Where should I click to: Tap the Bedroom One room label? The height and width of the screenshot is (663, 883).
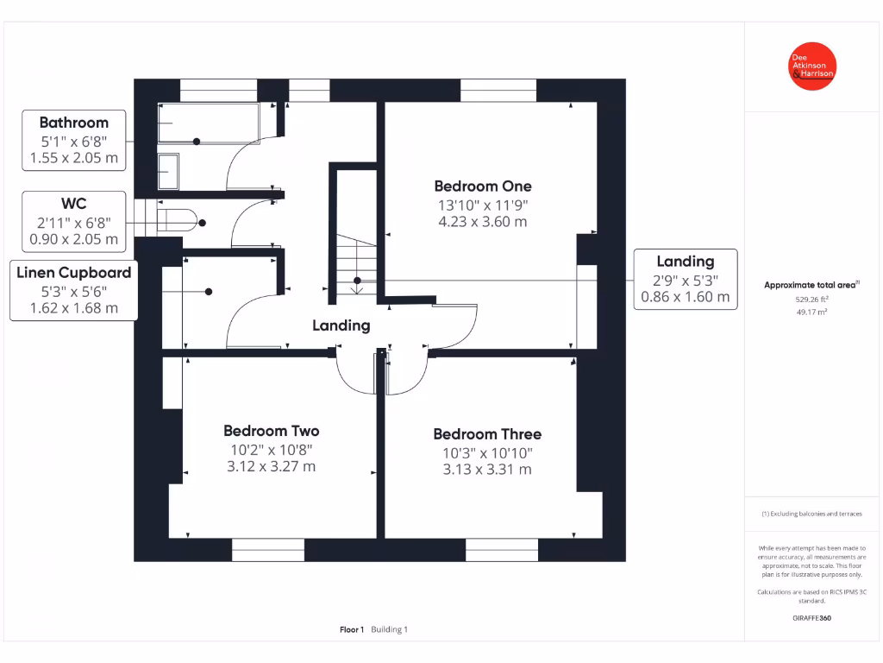(482, 186)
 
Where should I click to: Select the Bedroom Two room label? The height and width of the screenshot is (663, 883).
(272, 431)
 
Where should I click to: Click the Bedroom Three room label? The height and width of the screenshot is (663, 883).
(487, 433)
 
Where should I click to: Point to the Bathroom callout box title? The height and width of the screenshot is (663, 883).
(74, 123)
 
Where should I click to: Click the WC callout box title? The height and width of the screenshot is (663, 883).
(74, 205)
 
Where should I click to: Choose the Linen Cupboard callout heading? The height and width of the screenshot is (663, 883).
(74, 272)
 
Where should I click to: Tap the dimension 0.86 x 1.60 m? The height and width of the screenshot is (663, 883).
(686, 297)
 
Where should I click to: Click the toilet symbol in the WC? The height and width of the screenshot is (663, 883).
(178, 220)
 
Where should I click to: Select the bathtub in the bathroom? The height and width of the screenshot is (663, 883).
(209, 123)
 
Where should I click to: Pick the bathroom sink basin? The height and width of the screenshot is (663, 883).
(168, 171)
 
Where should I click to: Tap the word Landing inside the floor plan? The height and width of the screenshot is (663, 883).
(341, 325)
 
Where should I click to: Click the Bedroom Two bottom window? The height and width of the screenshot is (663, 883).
(267, 549)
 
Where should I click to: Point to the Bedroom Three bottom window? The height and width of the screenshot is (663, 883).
(502, 549)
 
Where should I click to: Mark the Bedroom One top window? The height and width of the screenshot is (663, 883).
(498, 91)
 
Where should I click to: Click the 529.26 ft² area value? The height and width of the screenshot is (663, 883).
(811, 300)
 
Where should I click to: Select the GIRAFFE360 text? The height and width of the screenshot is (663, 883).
(811, 618)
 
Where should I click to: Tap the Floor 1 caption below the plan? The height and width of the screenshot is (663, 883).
(352, 629)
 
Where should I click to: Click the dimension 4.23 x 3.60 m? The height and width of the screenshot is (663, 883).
(482, 221)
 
